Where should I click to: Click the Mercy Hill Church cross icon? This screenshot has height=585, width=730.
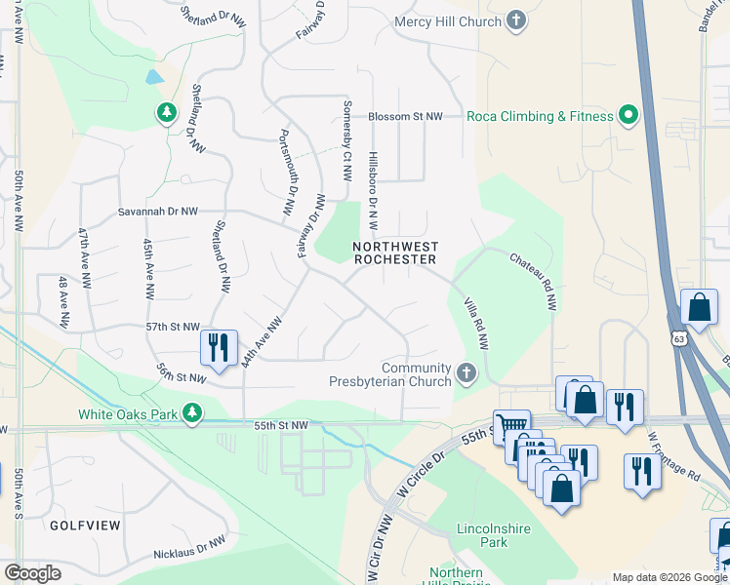(x=517, y=20)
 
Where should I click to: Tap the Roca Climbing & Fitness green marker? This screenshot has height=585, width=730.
(x=629, y=116)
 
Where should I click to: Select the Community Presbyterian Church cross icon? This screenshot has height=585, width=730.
(x=466, y=372)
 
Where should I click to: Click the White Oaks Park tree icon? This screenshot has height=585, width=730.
(x=192, y=413)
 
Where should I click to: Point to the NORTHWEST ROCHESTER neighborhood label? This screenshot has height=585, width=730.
(x=394, y=253)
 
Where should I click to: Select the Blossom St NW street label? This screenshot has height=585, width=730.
(x=405, y=117)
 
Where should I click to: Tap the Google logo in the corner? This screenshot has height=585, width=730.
(x=32, y=573)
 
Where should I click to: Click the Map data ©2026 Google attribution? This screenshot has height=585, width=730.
(x=669, y=577)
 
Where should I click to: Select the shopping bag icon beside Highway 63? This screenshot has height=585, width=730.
(x=699, y=308)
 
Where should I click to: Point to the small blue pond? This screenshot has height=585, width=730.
(x=153, y=76)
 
